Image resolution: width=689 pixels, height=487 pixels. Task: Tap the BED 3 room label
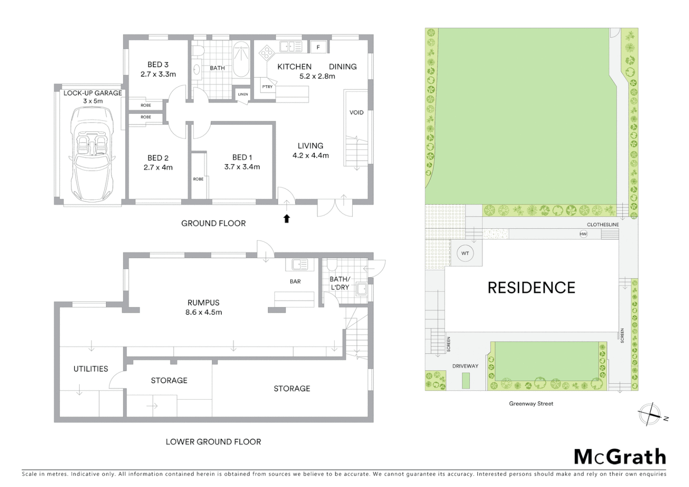[x=158, y=65]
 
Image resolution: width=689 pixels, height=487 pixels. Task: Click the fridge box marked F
[x=318, y=47]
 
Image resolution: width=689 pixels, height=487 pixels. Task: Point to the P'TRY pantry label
[x=267, y=87]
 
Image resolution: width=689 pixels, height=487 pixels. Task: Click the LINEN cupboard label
[x=243, y=94]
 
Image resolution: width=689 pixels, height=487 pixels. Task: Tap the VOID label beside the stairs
[x=356, y=112]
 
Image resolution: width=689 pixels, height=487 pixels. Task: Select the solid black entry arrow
[x=286, y=219]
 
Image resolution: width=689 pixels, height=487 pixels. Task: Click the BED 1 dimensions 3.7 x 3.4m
[x=242, y=167]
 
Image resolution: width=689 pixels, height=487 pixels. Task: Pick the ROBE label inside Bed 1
[x=198, y=179]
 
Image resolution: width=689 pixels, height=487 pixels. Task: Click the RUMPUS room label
[x=203, y=303]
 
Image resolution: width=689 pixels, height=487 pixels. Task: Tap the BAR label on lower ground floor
[x=295, y=281]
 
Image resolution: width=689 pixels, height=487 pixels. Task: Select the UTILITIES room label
[x=91, y=369]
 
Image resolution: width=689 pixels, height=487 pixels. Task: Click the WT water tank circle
[x=465, y=253]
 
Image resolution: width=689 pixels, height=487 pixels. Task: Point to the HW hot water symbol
[x=583, y=234]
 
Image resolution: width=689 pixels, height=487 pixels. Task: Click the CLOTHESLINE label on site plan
[x=603, y=225]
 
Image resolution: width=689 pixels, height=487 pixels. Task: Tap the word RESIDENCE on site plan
[x=531, y=288]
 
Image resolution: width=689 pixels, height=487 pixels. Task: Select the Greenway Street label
[x=531, y=404]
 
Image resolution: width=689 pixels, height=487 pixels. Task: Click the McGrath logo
[x=620, y=457]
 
